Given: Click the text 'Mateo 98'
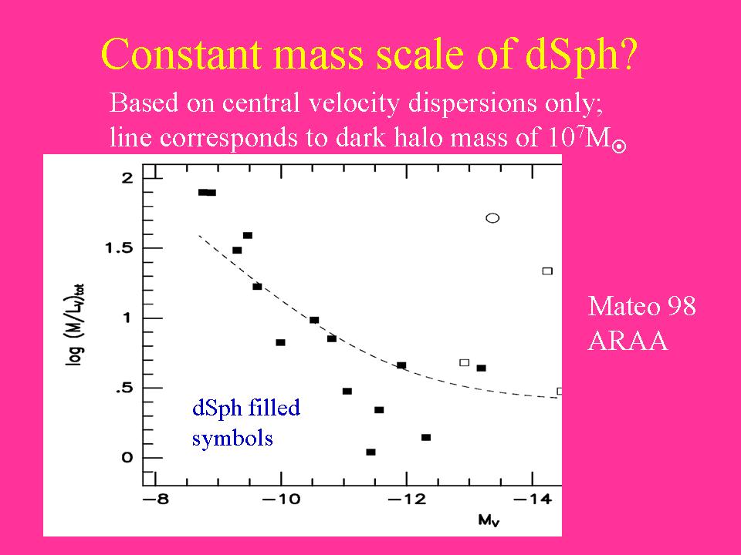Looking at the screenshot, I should (x=642, y=307).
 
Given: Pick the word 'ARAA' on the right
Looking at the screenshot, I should (x=628, y=341).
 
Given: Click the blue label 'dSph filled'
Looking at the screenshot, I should (x=245, y=408).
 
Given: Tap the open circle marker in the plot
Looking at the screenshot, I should (x=492, y=218).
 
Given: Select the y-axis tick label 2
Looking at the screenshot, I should (x=127, y=178).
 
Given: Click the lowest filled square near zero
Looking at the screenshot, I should (x=370, y=452).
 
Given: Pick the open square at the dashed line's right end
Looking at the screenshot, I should (x=560, y=392).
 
